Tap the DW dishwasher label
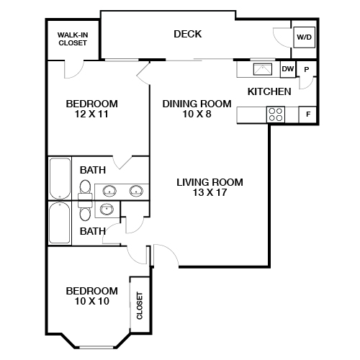pos(287,69)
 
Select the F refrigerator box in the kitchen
pos(308,114)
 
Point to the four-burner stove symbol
pos(275,114)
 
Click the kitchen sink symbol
pos(261,70)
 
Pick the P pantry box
pos(307,69)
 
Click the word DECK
pos(187,34)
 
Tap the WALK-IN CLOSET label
pos(73,38)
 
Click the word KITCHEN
pos(269,91)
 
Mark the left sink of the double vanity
pos(109,192)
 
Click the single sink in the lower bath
pos(107,210)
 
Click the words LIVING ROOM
pos(210,182)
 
